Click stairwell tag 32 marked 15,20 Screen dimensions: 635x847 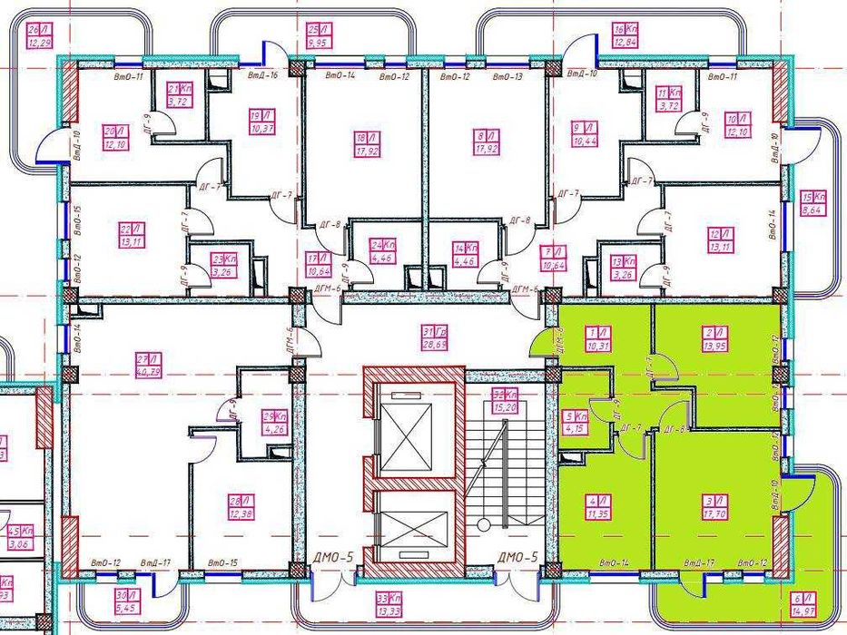point(505,400)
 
